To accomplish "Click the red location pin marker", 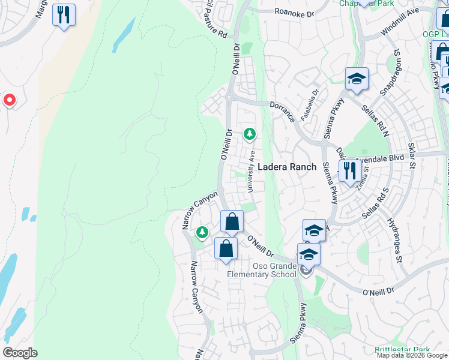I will [x=10, y=100].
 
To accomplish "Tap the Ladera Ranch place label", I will [x=287, y=167].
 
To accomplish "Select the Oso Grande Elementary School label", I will [x=262, y=270].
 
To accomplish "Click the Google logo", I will [x=20, y=353].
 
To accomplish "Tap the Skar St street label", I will [x=411, y=155].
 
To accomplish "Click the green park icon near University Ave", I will [x=249, y=134].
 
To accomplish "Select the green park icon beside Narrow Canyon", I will [x=202, y=232].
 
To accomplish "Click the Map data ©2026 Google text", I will [x=412, y=355].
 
